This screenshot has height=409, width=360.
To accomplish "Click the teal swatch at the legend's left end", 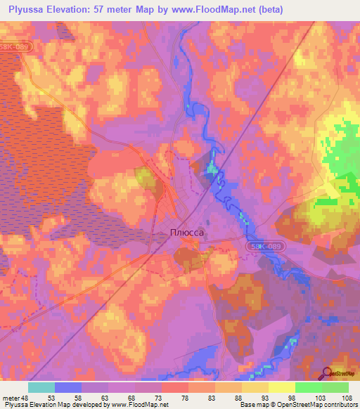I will (41, 387).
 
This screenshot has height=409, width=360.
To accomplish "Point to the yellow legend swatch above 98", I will (281, 387).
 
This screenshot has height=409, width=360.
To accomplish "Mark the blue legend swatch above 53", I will (68, 387).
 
